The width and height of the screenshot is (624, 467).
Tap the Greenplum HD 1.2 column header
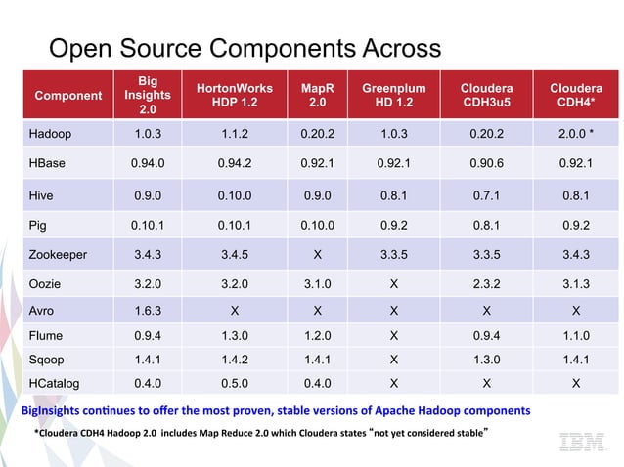pos(393,95)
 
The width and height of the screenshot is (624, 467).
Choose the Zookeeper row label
pos(59,255)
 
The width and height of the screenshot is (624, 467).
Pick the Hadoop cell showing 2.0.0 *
pos(576,134)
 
